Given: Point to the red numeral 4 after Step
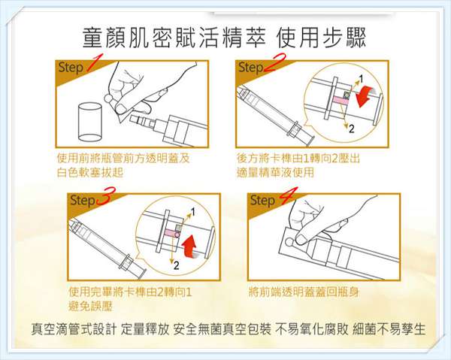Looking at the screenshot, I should pyautogui.click(x=287, y=200).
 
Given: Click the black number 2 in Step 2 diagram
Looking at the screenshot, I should pyautogui.click(x=350, y=129).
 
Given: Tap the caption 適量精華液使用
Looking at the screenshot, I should pyautogui.click(x=274, y=172).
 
